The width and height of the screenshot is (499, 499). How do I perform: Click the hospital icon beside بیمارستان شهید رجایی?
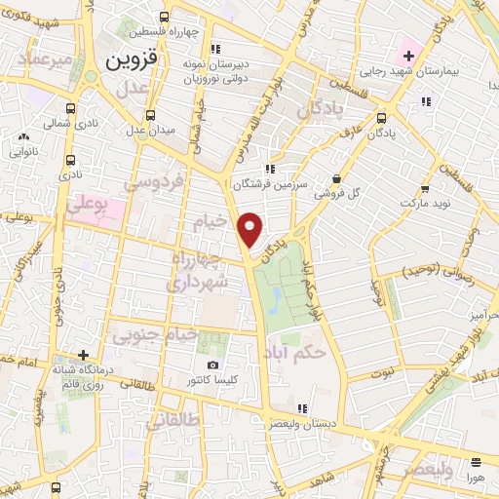point(407,55)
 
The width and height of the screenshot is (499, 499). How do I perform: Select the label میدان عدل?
point(149,130)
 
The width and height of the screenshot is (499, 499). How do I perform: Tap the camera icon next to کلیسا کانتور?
point(212,365)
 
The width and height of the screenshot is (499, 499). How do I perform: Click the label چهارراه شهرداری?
point(200,270)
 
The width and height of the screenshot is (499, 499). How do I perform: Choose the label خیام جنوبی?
point(155,335)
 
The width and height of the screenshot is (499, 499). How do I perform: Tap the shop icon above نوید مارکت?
point(425,189)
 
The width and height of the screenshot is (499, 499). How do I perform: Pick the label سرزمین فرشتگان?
point(269,184)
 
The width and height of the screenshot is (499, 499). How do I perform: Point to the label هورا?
point(475,479)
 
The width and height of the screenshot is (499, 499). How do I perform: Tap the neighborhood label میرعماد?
point(37,59)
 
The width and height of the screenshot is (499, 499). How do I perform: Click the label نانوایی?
point(24,153)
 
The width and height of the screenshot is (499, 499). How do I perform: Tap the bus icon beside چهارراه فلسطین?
point(162,16)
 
